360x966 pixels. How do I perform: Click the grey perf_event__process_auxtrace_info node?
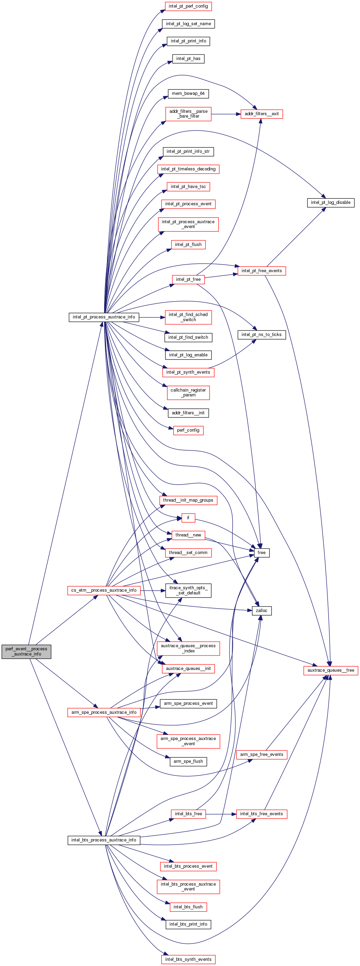[26, 651]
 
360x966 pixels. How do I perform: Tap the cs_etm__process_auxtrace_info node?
[104, 590]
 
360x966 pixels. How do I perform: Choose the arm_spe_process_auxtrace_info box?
[104, 712]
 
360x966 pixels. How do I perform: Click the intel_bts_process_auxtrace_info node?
[104, 840]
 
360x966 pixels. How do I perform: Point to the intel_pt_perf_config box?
[188, 6]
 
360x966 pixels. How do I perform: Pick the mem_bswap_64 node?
[188, 93]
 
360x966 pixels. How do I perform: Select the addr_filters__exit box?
[261, 114]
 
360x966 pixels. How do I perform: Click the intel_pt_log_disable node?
[330, 203]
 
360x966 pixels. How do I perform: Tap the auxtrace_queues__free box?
[330, 670]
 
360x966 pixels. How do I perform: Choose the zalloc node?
[261, 611]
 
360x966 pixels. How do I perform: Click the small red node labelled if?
[188, 517]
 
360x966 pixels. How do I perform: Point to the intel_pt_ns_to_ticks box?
[261, 335]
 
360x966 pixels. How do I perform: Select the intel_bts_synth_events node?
[188, 959]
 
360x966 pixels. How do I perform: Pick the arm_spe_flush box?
[188, 761]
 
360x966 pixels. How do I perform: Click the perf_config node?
[188, 430]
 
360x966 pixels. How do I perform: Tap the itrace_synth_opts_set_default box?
[188, 590]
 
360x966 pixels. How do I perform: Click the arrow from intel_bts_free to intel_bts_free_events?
[221, 814]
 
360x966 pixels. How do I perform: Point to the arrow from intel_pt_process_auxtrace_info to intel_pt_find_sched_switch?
[152, 317]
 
